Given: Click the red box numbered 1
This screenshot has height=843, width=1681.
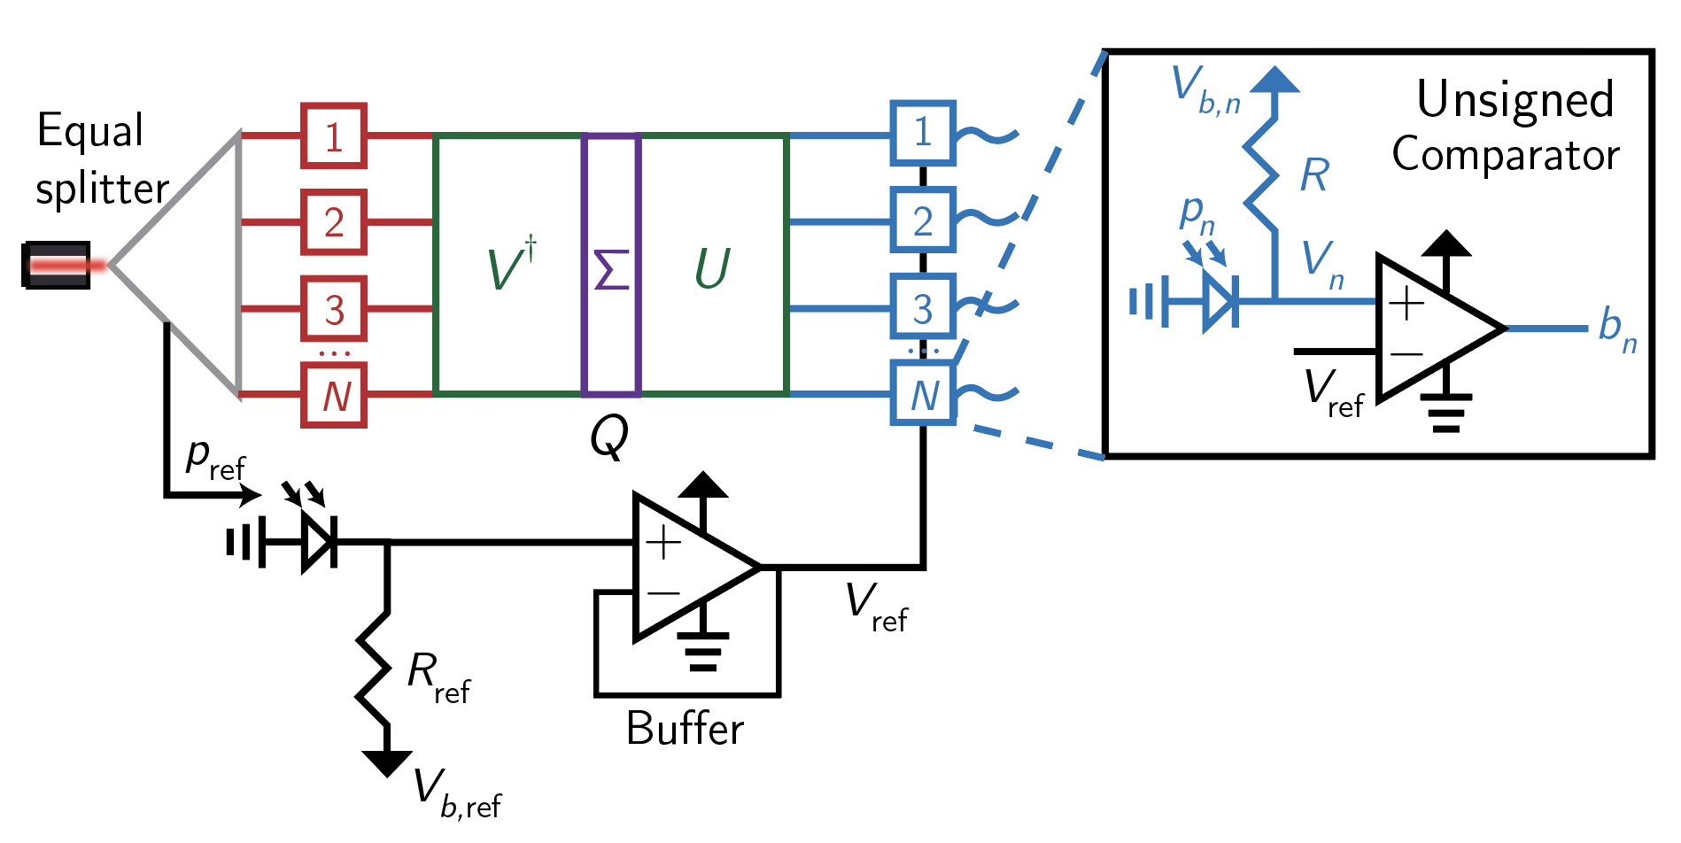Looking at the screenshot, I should [x=334, y=136].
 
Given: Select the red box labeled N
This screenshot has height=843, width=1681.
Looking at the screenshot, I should [x=334, y=395].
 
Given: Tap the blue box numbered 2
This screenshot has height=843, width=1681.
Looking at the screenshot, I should [x=923, y=220].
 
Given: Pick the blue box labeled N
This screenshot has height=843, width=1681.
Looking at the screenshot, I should [x=923, y=395].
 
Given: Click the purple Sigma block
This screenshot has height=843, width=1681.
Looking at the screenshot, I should [x=611, y=265].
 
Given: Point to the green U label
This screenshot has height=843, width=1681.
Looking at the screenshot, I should [x=712, y=268].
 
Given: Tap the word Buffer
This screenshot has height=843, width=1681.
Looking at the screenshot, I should [x=685, y=730].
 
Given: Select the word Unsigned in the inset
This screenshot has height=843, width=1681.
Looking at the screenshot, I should [x=1515, y=99].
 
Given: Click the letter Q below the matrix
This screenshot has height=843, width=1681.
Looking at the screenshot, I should [x=609, y=436].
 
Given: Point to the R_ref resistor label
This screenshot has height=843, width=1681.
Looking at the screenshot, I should [x=438, y=677].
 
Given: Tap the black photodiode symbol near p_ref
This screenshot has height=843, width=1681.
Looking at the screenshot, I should [x=318, y=540].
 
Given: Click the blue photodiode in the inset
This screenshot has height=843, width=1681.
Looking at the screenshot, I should [x=1220, y=302].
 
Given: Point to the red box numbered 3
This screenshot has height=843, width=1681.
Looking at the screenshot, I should [x=334, y=309].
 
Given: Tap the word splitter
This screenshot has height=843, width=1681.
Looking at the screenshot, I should [x=102, y=189].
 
